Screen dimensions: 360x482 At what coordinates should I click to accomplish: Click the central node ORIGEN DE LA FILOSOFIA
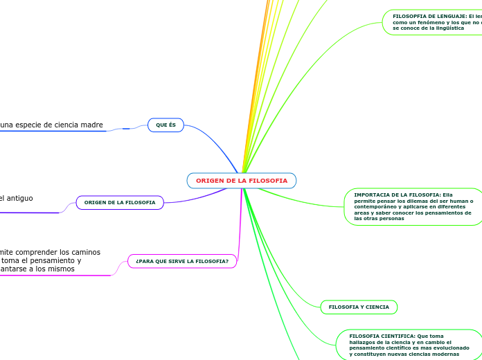(x=241, y=181)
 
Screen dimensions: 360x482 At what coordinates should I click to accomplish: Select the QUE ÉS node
(x=166, y=125)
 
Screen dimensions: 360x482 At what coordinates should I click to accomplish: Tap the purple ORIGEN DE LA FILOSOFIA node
(x=119, y=202)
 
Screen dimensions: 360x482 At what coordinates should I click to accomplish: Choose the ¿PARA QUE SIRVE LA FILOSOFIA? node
(x=182, y=261)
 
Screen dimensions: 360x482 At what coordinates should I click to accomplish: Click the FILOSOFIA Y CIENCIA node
(x=359, y=307)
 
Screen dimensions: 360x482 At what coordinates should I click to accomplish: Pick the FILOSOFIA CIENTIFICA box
(x=409, y=345)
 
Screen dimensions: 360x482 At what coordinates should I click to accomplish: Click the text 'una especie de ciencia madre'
(x=52, y=125)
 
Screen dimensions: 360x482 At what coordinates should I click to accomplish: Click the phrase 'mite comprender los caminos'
(x=51, y=252)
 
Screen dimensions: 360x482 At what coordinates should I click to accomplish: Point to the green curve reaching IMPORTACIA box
(x=298, y=202)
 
